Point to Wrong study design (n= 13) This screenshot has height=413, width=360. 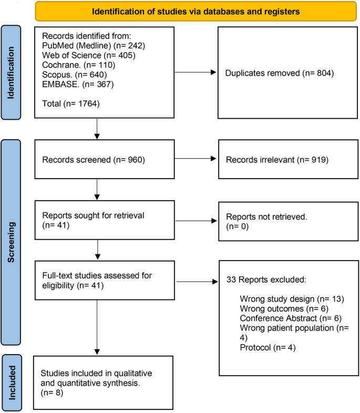pos(291,299)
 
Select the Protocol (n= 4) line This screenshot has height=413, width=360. pos(264,346)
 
